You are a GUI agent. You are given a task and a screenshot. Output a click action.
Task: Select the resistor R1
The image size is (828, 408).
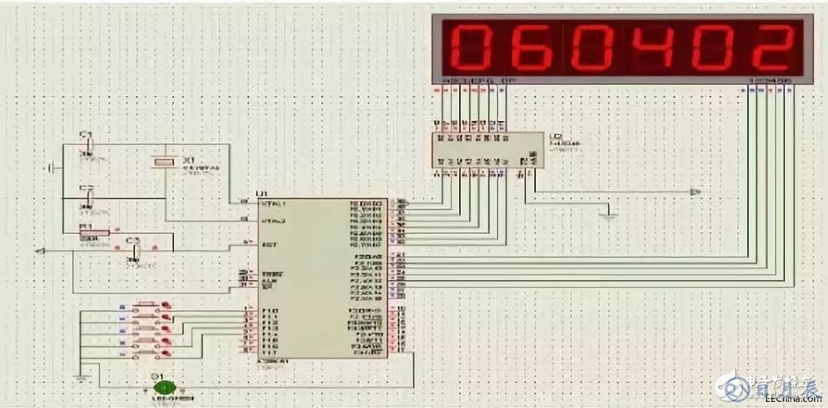coord(97,232)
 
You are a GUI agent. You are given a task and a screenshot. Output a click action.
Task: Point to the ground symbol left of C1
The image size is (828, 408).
coord(50,167)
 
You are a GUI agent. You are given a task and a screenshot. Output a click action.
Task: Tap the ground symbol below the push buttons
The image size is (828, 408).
coord(80,377)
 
